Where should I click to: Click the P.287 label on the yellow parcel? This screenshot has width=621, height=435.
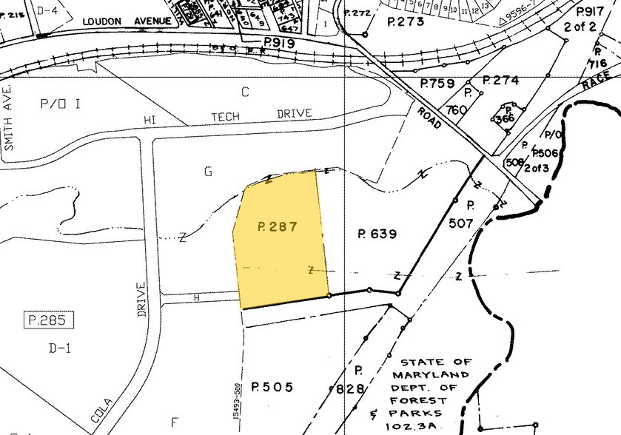coord(278,227)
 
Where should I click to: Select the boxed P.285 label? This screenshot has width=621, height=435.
coord(47,320)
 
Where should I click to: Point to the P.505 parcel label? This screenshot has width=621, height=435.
coord(272,387)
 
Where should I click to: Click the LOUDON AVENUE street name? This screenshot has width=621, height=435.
coord(129,21)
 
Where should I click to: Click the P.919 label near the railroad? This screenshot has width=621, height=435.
coord(279,44)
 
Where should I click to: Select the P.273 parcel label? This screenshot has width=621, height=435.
coord(406,21)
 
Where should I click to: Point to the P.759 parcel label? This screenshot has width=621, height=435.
coord(437,83)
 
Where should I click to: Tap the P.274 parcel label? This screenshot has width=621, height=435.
coord(500,80)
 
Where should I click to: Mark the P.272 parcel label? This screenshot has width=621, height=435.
coord(361,13)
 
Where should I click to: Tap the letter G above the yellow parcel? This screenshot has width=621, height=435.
coord(209,172)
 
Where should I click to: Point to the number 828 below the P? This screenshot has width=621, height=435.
coord(351,388)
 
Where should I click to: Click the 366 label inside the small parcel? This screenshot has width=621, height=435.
coord(505,118)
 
